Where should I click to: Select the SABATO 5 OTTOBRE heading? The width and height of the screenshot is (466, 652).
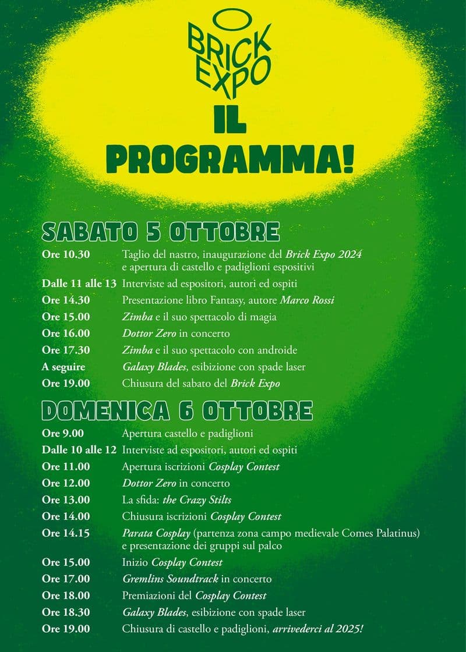[x=161, y=232]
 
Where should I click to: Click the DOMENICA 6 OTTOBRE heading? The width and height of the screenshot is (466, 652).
[x=177, y=410]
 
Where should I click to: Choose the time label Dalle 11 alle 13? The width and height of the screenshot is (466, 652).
[x=79, y=284]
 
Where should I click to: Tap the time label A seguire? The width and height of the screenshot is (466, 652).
[x=63, y=367]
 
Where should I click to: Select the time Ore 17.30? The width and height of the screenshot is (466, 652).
[x=66, y=350]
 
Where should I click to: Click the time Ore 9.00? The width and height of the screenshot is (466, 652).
[x=63, y=433]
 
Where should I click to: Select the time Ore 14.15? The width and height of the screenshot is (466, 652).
[x=66, y=533]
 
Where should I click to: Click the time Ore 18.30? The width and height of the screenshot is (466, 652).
[x=66, y=612]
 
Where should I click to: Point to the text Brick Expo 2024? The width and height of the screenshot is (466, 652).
[x=324, y=254]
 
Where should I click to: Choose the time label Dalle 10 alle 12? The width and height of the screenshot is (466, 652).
[x=79, y=450]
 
